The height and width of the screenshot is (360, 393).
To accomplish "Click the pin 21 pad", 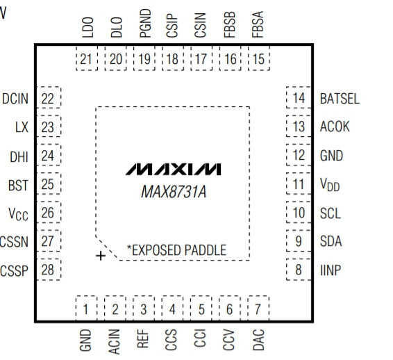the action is point(87,58).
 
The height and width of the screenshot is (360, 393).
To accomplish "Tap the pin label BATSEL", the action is point(340,99).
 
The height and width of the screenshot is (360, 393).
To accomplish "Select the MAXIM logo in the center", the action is point(174,169).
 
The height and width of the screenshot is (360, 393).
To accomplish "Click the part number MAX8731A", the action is point(174,192).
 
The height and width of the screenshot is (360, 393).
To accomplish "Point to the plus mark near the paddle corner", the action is point(101,256).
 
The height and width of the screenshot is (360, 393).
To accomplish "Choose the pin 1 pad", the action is point(86,309).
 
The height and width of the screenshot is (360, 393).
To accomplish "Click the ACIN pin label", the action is point(114,341).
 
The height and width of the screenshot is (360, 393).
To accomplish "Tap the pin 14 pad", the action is point(299,97).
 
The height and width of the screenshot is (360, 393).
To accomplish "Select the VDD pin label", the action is point(330,185).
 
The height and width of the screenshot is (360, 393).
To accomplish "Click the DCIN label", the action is point(15,99).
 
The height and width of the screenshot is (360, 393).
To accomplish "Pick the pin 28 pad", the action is point(49,270).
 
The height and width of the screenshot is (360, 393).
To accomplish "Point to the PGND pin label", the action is point(145,24).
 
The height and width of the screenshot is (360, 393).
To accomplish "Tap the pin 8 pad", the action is point(299,270).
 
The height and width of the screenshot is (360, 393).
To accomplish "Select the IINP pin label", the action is point(331,270).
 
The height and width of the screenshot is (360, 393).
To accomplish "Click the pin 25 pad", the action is point(49,183).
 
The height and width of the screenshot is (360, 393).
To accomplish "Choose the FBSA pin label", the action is point(258,24).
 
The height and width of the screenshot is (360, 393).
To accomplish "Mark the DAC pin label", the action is point(259,340).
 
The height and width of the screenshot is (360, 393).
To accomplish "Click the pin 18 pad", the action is point(173,58).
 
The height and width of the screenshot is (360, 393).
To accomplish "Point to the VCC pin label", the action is point(18,214).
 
